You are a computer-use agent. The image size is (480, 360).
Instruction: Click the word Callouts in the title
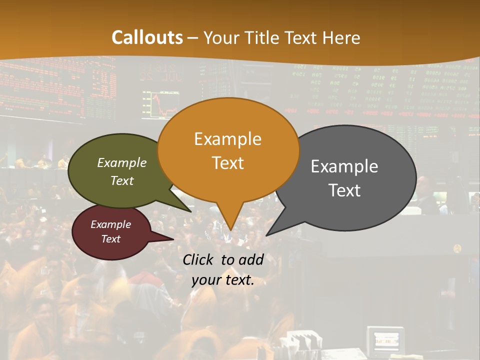pyautogui.click(x=147, y=37)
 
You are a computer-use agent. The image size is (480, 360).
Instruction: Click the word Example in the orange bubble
pyautogui.click(x=227, y=139)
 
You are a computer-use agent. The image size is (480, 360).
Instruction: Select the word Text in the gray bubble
pyautogui.click(x=344, y=190)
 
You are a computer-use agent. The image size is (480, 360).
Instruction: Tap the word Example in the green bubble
pyautogui.click(x=122, y=162)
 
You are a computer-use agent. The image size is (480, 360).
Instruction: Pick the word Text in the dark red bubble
pyautogui.click(x=111, y=239)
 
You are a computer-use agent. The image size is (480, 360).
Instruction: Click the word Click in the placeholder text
pyautogui.click(x=199, y=259)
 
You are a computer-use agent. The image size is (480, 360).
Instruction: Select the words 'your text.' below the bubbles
pyautogui.click(x=223, y=280)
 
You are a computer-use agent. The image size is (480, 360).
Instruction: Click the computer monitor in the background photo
pyautogui.click(x=385, y=341)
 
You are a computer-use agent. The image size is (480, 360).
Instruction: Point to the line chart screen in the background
pyautogui.click(x=160, y=103)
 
